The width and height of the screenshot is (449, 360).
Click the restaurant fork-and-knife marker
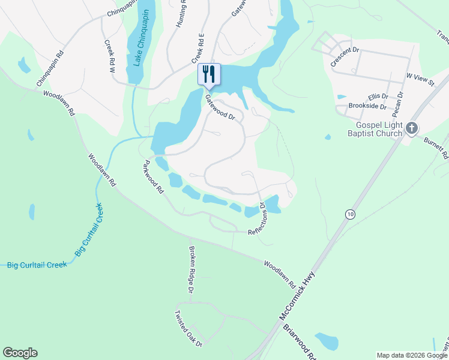[209, 74]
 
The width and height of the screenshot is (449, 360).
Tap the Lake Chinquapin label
[139, 45]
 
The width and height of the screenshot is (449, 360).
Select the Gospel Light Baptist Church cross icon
[411, 127]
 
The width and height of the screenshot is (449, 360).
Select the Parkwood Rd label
[153, 176]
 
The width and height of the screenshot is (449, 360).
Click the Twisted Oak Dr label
[188, 328]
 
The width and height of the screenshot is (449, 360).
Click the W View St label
[420, 79]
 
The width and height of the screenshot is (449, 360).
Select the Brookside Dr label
[367, 106]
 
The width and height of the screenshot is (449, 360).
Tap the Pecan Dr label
[399, 103]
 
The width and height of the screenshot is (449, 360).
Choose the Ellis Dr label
[379, 95]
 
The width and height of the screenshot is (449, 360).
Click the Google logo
[20, 353]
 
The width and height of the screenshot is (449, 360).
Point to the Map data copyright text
[412, 355]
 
